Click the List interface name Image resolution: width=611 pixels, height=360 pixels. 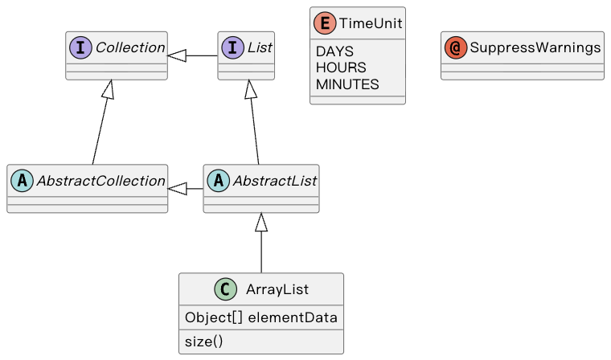coord(259,48)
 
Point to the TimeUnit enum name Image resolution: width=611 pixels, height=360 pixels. coord(370,23)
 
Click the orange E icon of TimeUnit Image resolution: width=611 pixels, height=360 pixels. coord(326,23)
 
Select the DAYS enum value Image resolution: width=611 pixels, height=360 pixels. coord(334,51)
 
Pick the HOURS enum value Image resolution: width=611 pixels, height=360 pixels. coord(341,67)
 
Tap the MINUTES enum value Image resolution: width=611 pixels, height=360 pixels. coord(347,84)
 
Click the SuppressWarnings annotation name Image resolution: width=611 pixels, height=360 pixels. coord(535,48)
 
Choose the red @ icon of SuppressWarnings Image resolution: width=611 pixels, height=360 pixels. coord(457,48)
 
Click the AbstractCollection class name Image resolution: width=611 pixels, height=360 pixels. coord(100,181)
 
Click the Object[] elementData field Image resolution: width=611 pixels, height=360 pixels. coord(260,317)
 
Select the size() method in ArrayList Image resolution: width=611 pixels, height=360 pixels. coord(203,342)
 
